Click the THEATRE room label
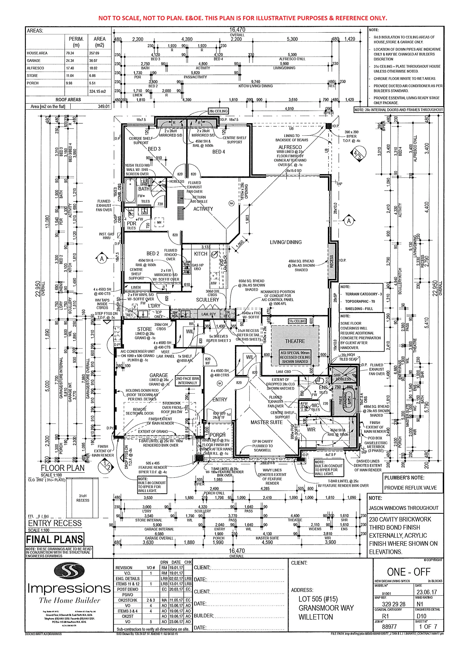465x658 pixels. click(295, 341)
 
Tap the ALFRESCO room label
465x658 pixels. click(290, 147)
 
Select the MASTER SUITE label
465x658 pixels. click(266, 422)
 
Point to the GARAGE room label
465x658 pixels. click(159, 375)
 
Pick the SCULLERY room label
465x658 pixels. click(207, 300)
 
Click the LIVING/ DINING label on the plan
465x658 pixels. click(286, 242)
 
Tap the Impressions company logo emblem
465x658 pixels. click(69, 570)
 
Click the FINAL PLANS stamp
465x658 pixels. click(54, 539)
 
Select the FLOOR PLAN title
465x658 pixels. click(62, 468)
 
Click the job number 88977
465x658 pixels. click(389, 627)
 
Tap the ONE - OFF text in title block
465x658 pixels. click(409, 572)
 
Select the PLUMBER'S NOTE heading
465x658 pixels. click(404, 478)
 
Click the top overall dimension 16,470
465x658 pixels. click(237, 30)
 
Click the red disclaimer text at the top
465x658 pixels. click(242, 18)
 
